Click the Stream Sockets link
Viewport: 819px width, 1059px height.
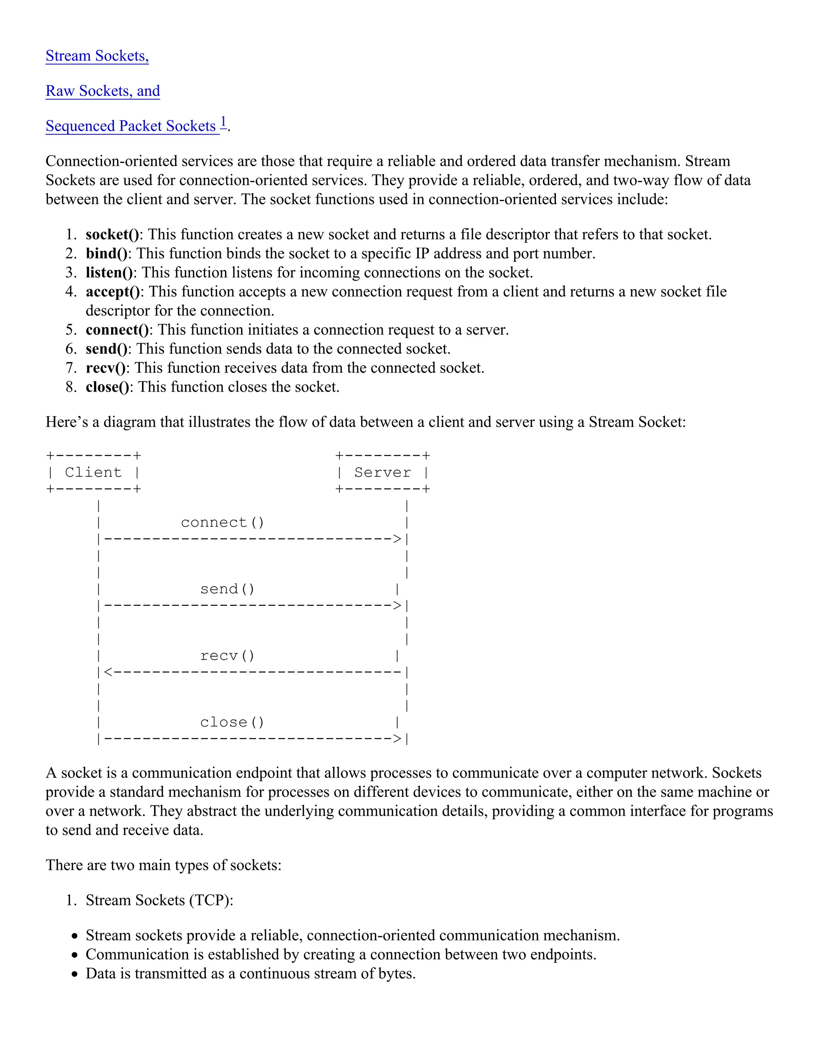[97, 56]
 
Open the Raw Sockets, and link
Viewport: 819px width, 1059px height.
[102, 91]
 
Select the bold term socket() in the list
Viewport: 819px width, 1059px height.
[112, 235]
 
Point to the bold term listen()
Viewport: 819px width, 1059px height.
[109, 273]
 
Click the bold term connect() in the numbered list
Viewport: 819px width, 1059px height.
[117, 330]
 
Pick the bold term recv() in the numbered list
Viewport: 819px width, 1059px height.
[105, 368]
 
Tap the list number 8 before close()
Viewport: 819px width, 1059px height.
[71, 387]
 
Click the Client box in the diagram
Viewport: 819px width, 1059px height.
[93, 472]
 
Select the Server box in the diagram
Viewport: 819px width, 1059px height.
[382, 472]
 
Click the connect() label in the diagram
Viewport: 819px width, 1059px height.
[223, 523]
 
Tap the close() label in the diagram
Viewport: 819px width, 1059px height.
[232, 723]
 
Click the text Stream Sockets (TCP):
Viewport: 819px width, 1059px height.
[159, 900]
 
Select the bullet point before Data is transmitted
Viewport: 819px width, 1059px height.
[74, 974]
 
